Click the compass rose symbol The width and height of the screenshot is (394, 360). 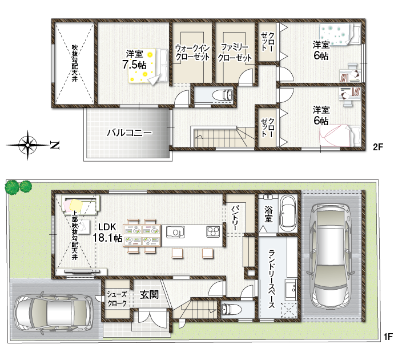click(27, 145)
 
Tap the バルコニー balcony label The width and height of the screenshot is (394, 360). click(129, 133)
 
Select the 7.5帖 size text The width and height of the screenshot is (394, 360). click(134, 65)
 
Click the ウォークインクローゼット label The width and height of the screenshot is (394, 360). click(192, 52)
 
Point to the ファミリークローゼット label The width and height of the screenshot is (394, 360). click(235, 53)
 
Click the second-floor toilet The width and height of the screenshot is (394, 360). click(223, 95)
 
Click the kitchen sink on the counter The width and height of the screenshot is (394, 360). click(175, 232)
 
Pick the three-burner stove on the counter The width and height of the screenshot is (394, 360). click(213, 231)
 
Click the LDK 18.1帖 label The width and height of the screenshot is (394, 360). click(107, 233)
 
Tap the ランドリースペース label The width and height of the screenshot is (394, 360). click(272, 279)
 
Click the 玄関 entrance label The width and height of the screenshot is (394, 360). click(149, 294)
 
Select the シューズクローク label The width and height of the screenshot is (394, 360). click(117, 299)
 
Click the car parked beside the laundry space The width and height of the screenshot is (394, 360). click(331, 256)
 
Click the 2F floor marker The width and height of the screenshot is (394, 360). click(377, 147)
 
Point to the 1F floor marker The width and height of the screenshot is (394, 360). click(388, 337)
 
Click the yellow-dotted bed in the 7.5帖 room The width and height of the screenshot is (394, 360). click(147, 66)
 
